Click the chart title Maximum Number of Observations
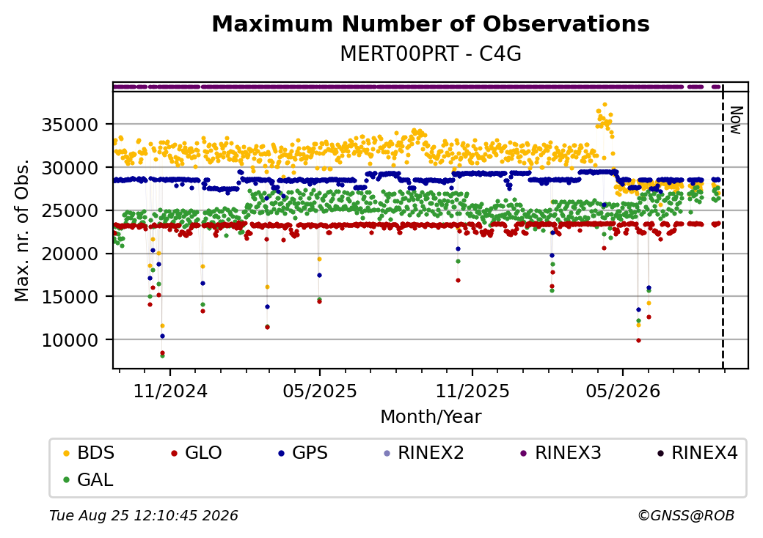[431, 23]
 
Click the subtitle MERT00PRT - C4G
[431, 54]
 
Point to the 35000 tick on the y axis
[70, 125]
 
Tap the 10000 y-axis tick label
[70, 340]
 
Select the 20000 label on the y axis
[70, 254]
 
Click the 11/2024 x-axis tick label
[170, 391]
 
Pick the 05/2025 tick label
[320, 391]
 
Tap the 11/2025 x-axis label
[472, 391]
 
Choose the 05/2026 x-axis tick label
[623, 391]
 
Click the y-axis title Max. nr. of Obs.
[22, 230]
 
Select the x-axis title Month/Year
[431, 417]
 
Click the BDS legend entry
[90, 453]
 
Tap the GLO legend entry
[197, 453]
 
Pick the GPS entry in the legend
[303, 453]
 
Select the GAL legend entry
[89, 479]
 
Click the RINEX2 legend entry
[423, 453]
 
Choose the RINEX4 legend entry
[697, 453]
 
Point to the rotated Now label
[737, 120]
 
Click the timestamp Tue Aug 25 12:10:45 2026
[144, 515]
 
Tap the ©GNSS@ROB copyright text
[686, 515]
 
